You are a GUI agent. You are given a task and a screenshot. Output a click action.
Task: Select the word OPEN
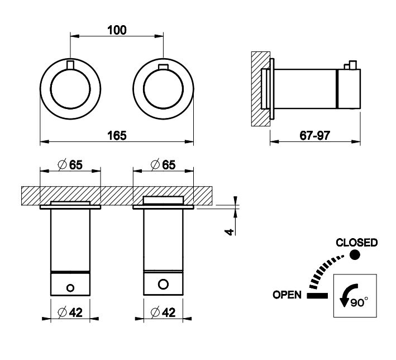tap(287, 295)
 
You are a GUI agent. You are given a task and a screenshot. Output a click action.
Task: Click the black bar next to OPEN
tap(316, 295)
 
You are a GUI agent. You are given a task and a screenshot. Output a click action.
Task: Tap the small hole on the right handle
tap(163, 284)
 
